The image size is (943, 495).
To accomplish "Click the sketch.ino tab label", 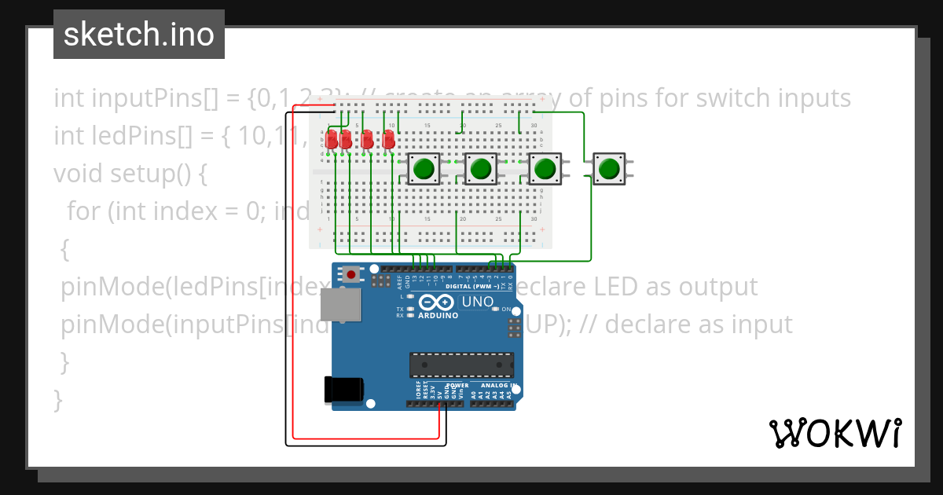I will (x=138, y=35).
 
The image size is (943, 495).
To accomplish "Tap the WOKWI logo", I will (x=835, y=433).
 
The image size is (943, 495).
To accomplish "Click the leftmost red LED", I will (x=332, y=140).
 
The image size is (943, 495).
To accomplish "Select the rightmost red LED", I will (x=387, y=140).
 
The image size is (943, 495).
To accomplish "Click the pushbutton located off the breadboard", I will (x=607, y=168).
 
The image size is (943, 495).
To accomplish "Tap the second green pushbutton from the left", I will (x=479, y=168).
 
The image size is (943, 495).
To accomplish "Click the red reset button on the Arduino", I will (x=350, y=274).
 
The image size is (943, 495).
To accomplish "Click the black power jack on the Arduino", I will (x=344, y=390).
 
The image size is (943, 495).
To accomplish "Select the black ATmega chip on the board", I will (x=461, y=365).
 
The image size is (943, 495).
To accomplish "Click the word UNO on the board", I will (x=477, y=302).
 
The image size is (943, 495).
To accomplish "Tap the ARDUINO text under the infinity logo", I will (x=436, y=315).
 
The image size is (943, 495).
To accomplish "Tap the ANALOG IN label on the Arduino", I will (x=498, y=386).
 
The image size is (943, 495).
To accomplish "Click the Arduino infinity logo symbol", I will (x=435, y=302).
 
